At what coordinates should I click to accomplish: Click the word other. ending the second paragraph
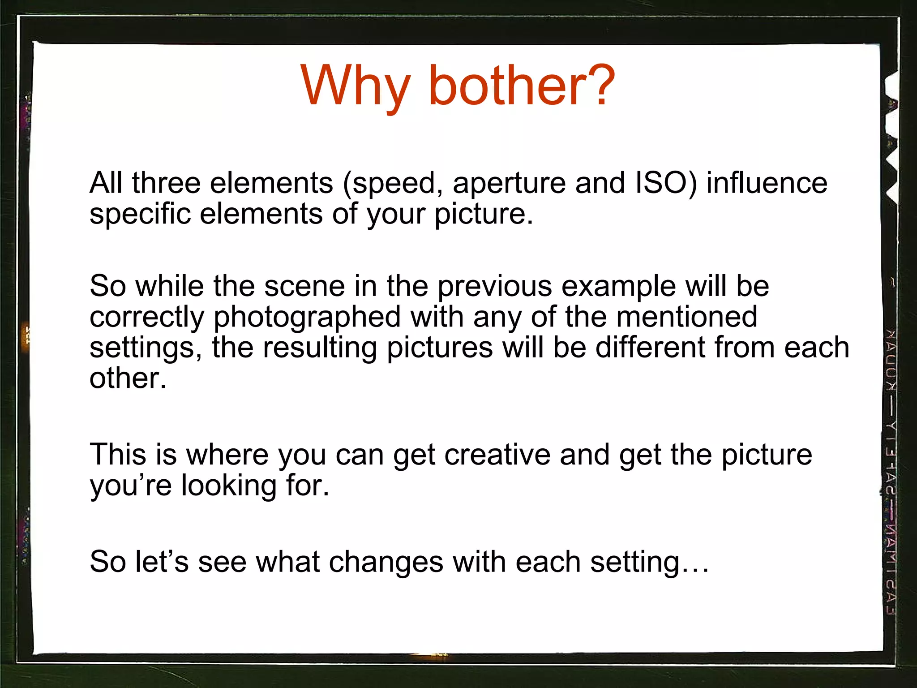[x=128, y=378]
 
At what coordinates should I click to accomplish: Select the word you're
[x=131, y=486]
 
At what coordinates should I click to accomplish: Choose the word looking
[x=229, y=486]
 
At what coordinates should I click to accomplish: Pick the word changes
[x=386, y=563]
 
